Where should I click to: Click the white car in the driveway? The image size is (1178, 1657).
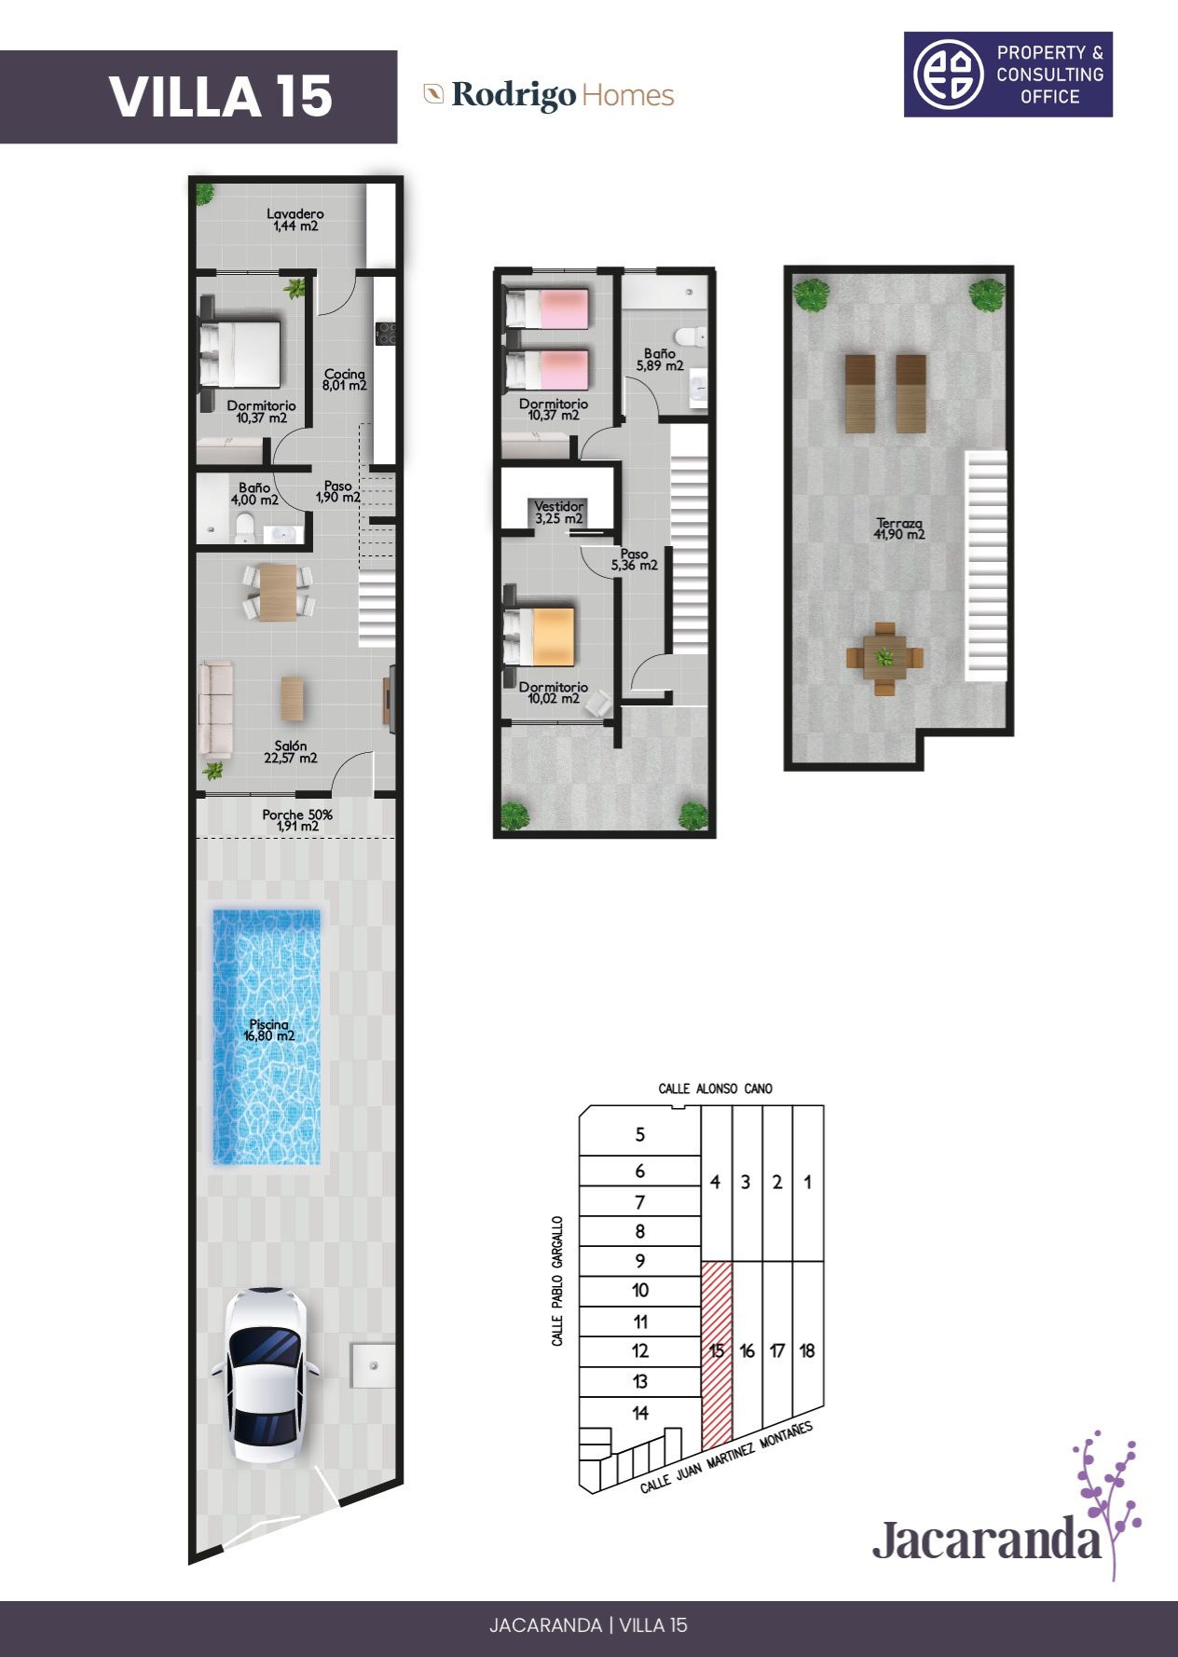(x=266, y=1375)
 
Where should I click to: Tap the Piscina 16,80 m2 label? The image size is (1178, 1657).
(x=269, y=1030)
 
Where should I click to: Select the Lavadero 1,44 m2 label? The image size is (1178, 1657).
(x=295, y=220)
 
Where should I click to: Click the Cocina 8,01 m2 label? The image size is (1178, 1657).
(x=345, y=379)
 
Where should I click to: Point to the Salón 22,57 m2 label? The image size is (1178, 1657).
(x=291, y=752)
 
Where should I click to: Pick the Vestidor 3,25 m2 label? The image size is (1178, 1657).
(x=559, y=513)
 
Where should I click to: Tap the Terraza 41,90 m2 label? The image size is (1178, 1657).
(x=899, y=528)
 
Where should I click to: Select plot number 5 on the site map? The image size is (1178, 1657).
(x=640, y=1134)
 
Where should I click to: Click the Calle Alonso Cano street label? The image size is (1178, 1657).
(x=716, y=1089)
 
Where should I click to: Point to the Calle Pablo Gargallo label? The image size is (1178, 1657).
(x=558, y=1280)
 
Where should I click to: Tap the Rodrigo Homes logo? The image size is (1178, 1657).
(x=549, y=95)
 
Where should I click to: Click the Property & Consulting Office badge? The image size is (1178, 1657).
(x=1008, y=75)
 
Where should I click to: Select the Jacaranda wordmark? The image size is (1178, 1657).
(x=988, y=1540)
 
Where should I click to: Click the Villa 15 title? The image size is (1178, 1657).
(x=221, y=97)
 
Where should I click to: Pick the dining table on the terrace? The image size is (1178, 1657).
(x=884, y=658)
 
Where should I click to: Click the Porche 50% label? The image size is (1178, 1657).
(x=297, y=820)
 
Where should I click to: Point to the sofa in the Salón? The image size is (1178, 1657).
(x=215, y=708)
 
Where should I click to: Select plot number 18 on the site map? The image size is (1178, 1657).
(x=807, y=1349)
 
